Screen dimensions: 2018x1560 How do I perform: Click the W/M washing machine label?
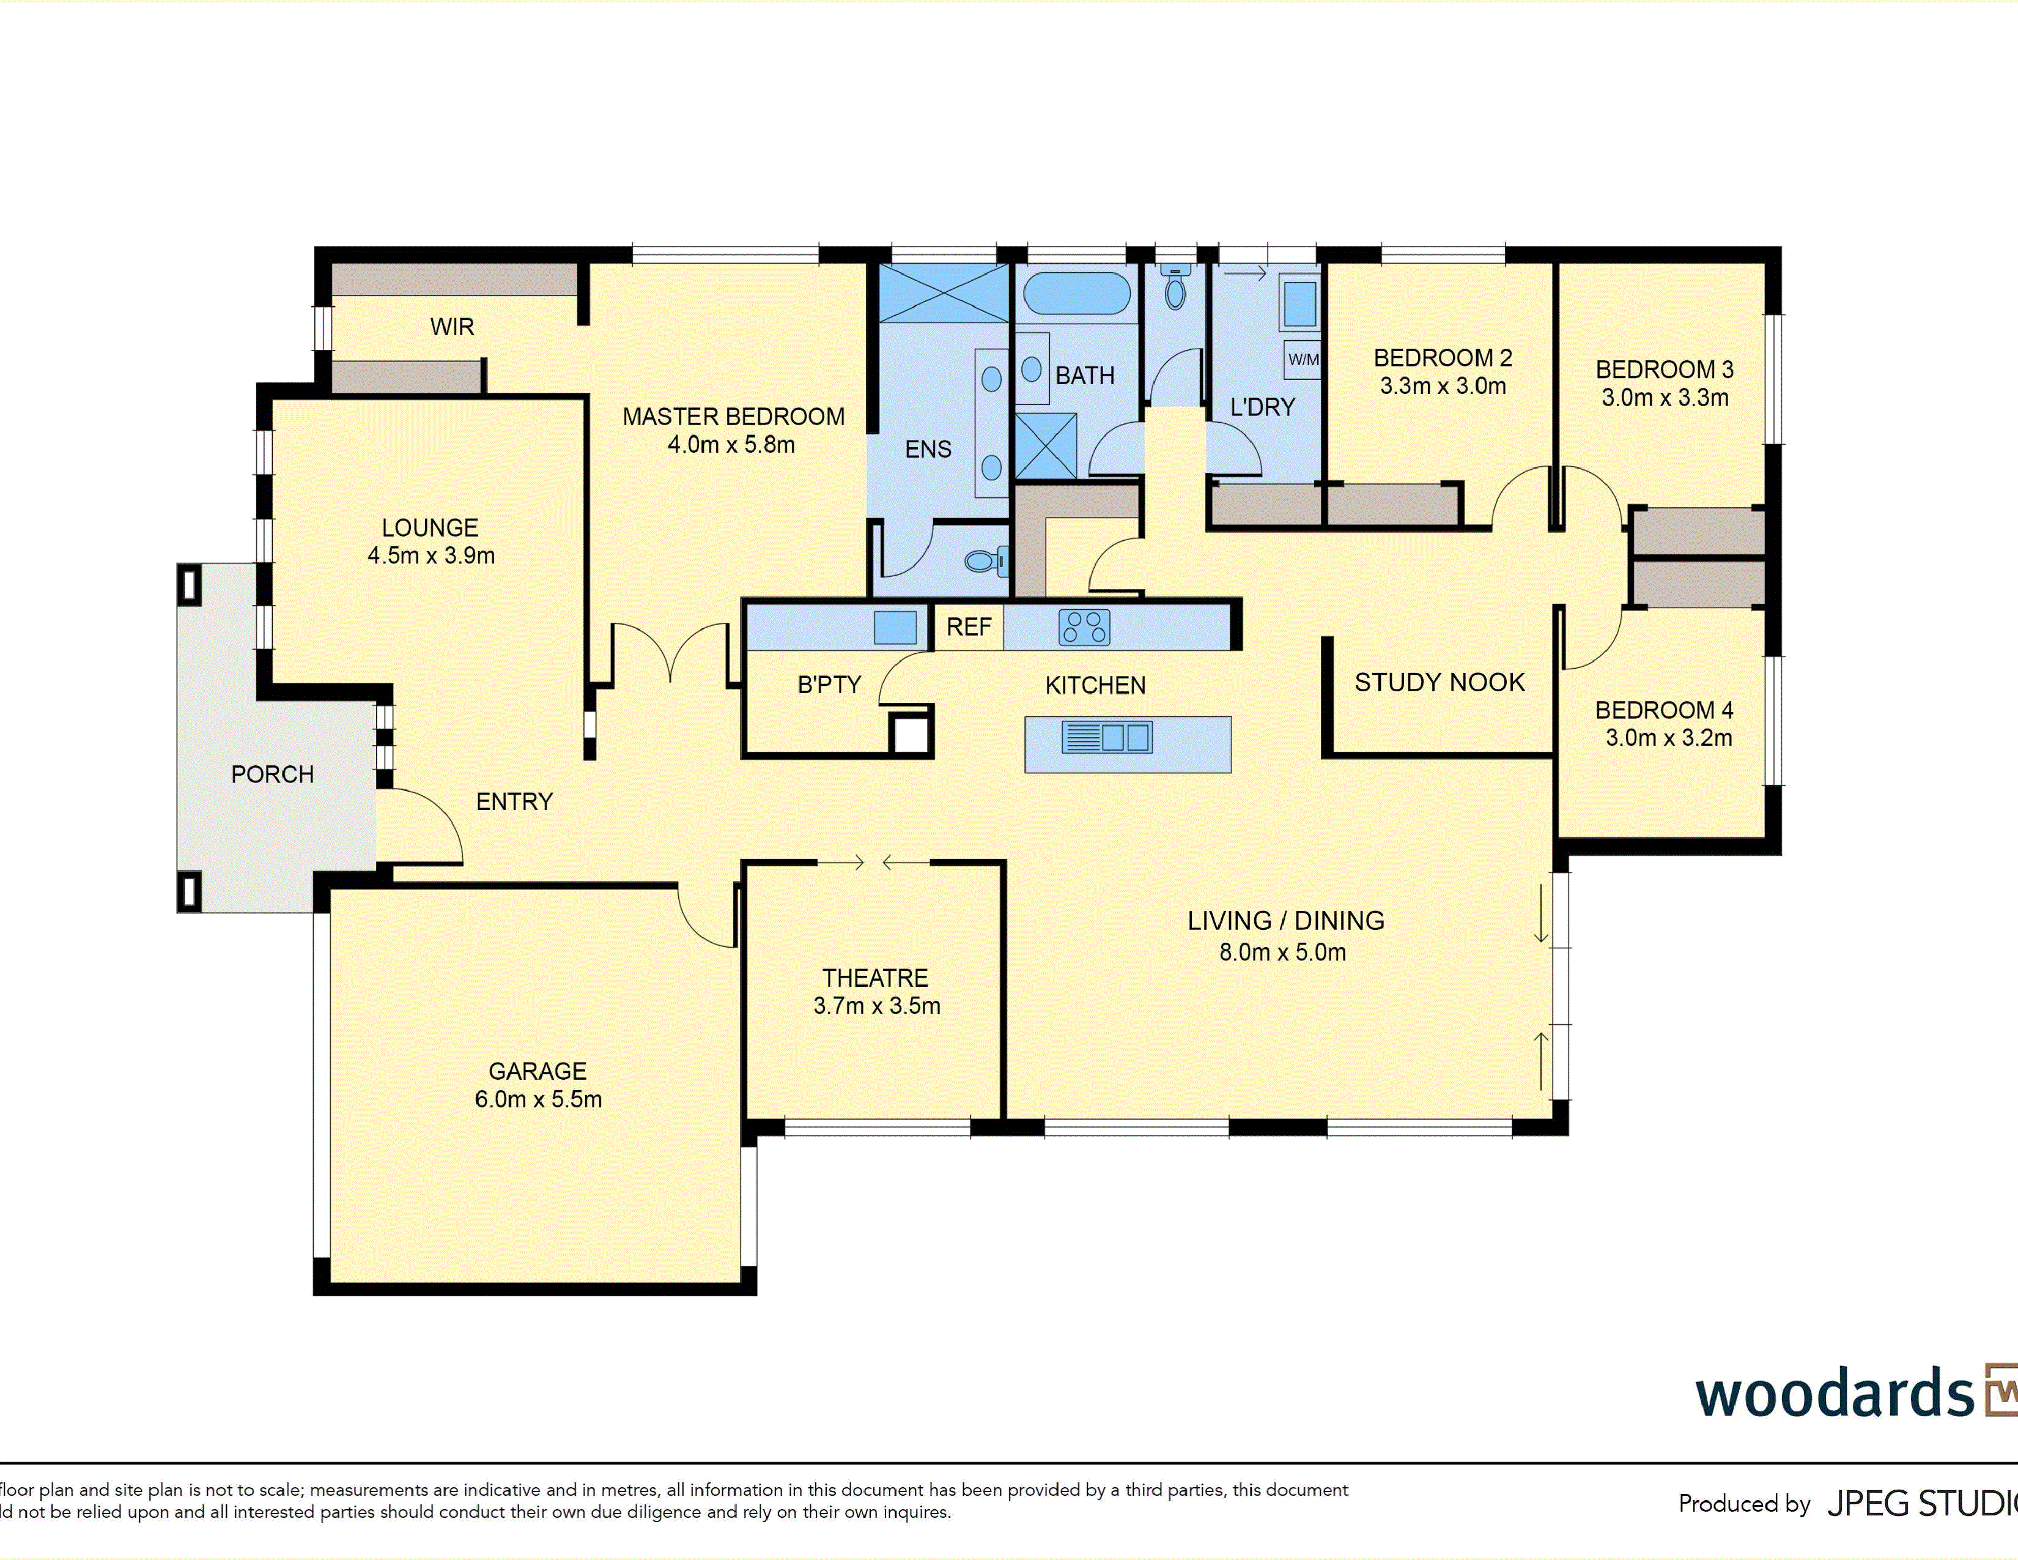[x=1303, y=360]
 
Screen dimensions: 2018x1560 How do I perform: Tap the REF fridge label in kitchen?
[x=969, y=626]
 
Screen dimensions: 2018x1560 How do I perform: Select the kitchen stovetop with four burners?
[x=1084, y=626]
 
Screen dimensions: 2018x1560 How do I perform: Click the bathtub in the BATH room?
[x=1076, y=293]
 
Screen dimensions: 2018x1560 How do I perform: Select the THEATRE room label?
[x=875, y=978]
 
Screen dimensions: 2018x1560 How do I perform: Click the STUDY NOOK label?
[x=1440, y=682]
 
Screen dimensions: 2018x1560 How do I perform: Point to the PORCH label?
[x=273, y=774]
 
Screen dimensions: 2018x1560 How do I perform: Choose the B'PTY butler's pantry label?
[x=829, y=685]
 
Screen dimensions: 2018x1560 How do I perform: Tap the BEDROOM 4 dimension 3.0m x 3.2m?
[x=1669, y=738]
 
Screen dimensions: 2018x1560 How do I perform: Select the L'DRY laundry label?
[x=1262, y=407]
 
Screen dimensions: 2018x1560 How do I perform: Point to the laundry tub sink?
[x=1299, y=305]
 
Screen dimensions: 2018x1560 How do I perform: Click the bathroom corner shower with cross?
[x=1046, y=445]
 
